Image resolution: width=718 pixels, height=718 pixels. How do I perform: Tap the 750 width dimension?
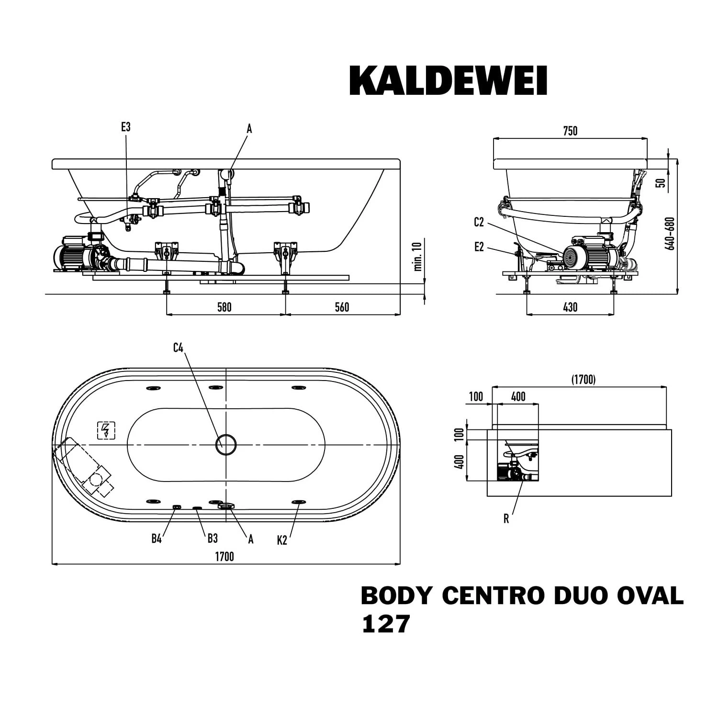tap(570, 131)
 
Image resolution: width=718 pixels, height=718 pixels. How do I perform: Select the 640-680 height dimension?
tap(671, 234)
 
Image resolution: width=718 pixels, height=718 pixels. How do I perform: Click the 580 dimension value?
tap(224, 307)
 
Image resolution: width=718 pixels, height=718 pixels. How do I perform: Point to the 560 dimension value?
tap(342, 307)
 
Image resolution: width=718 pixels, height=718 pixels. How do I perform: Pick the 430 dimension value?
tap(570, 307)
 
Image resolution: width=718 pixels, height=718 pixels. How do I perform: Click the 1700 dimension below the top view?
tap(224, 556)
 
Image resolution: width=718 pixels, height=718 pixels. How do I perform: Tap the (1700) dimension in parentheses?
tap(583, 380)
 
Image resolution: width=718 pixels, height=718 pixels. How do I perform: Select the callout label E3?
tap(125, 127)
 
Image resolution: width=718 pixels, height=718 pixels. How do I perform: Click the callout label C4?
tap(178, 348)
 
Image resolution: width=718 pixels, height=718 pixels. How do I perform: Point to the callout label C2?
tap(479, 222)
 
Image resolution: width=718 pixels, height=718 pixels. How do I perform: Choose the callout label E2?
tap(479, 247)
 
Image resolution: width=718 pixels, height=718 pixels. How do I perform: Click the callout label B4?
tap(157, 538)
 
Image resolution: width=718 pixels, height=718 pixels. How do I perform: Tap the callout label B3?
tap(213, 538)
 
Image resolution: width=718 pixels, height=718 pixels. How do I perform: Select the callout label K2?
tap(282, 540)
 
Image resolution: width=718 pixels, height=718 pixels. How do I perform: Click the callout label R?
tap(506, 519)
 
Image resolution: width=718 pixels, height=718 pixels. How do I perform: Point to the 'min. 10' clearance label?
tap(418, 257)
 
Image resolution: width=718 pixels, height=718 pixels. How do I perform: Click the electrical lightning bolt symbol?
tap(106, 430)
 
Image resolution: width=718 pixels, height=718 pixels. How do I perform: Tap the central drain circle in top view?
tap(226, 445)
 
